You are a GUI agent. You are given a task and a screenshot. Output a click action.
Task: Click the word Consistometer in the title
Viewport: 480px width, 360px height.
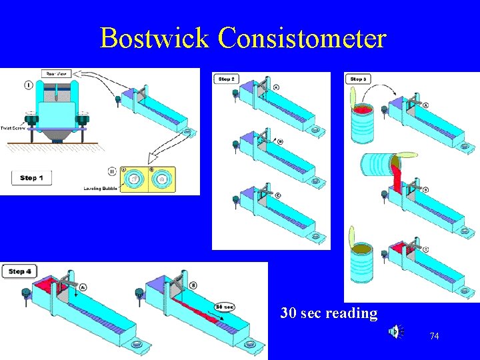[x=302, y=38]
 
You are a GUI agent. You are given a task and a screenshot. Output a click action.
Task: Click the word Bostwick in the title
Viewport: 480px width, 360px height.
[x=155, y=38]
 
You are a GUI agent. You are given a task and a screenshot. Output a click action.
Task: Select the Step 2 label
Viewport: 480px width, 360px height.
[x=226, y=79]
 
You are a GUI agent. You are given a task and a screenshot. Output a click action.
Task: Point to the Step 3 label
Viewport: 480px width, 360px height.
[x=358, y=79]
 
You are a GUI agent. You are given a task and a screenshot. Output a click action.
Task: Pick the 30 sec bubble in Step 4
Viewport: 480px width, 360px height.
[x=224, y=307]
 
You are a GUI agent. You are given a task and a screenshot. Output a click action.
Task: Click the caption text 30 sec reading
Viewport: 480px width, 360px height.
[x=329, y=313]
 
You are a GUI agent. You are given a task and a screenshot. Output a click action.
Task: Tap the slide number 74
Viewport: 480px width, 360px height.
[x=434, y=337]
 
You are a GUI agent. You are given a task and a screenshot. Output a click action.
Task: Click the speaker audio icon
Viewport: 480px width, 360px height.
[x=395, y=331]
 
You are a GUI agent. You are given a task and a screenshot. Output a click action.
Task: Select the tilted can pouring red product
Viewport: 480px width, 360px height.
[x=377, y=165]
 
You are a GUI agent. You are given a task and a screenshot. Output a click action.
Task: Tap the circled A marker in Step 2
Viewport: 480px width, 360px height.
[x=276, y=87]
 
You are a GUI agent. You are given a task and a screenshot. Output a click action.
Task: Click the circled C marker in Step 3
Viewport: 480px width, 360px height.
[x=425, y=249]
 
